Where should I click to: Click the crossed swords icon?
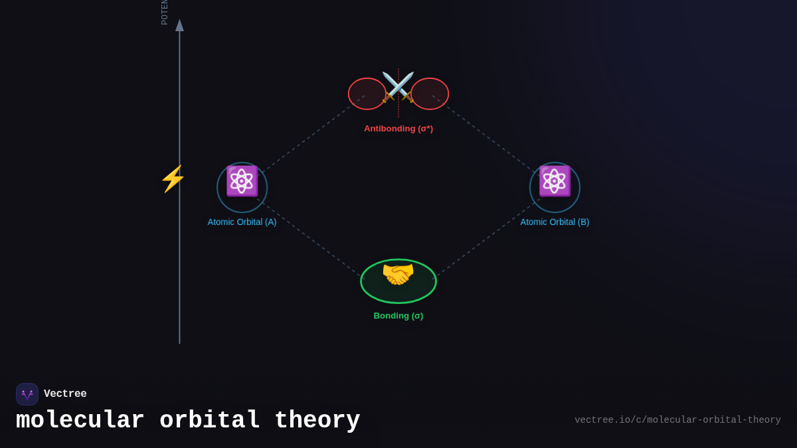pos(398,87)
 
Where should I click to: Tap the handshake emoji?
pos(398,274)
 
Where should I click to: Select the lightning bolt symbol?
pos(172,179)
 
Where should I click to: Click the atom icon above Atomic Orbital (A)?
pos(242,181)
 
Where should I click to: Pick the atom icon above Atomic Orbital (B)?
pos(555,181)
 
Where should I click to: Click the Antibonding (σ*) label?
pos(398,129)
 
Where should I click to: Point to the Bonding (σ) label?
pos(398,316)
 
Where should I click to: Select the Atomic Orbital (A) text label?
pos(242,222)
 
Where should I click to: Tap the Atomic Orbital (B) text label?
pos(555,222)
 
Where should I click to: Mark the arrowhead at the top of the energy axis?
pos(179,25)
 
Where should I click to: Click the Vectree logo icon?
pos(27,394)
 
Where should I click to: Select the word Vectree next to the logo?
pos(65,394)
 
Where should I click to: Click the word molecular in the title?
pos(80,421)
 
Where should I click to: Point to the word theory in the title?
pos(317,421)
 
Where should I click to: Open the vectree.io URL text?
pos(677,420)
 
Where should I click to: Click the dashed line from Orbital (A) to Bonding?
pos(311,238)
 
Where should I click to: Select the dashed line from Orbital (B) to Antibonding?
pos(485,135)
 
